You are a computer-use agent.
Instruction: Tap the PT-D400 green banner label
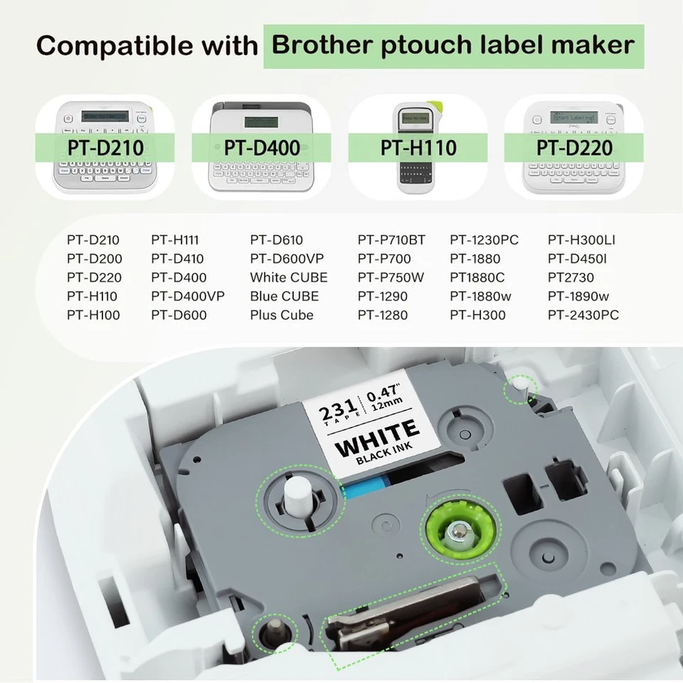click(x=261, y=148)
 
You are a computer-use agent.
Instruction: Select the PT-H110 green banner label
click(x=418, y=148)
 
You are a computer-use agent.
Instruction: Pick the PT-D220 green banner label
click(x=574, y=148)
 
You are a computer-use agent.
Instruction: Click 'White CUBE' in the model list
click(x=289, y=277)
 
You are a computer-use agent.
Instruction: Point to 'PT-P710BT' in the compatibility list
click(x=391, y=240)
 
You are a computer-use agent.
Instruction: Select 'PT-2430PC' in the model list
click(x=583, y=314)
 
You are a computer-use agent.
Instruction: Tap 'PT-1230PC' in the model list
click(x=485, y=240)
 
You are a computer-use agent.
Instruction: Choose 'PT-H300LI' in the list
click(x=581, y=240)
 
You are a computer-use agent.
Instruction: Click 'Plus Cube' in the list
click(x=282, y=314)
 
